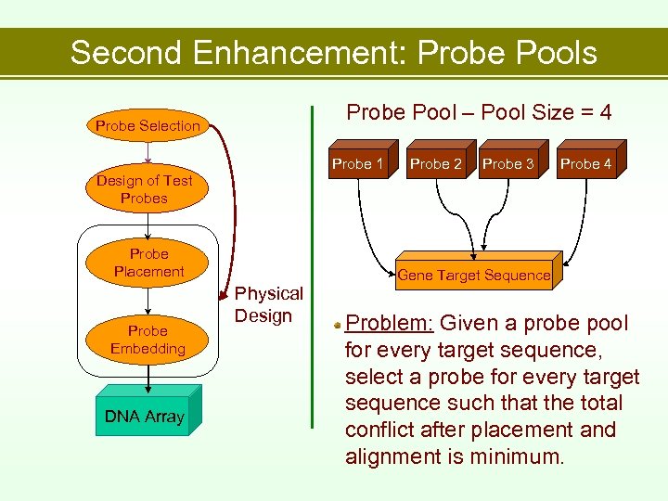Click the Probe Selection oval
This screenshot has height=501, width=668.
(x=148, y=125)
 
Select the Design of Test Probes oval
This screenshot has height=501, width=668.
(x=145, y=189)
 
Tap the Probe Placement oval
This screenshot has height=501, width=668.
(x=148, y=263)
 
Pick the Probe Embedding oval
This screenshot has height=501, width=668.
(x=148, y=340)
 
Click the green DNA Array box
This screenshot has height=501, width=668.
(x=144, y=417)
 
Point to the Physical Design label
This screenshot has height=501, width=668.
(x=268, y=304)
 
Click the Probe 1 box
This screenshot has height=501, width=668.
(x=358, y=164)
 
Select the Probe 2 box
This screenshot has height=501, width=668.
(x=436, y=164)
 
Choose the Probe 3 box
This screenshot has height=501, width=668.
(x=508, y=164)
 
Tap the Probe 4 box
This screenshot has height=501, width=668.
(x=586, y=164)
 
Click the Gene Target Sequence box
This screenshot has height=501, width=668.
(x=474, y=275)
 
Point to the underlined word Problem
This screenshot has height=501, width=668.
(x=389, y=324)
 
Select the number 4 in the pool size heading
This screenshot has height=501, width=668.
(x=604, y=113)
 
